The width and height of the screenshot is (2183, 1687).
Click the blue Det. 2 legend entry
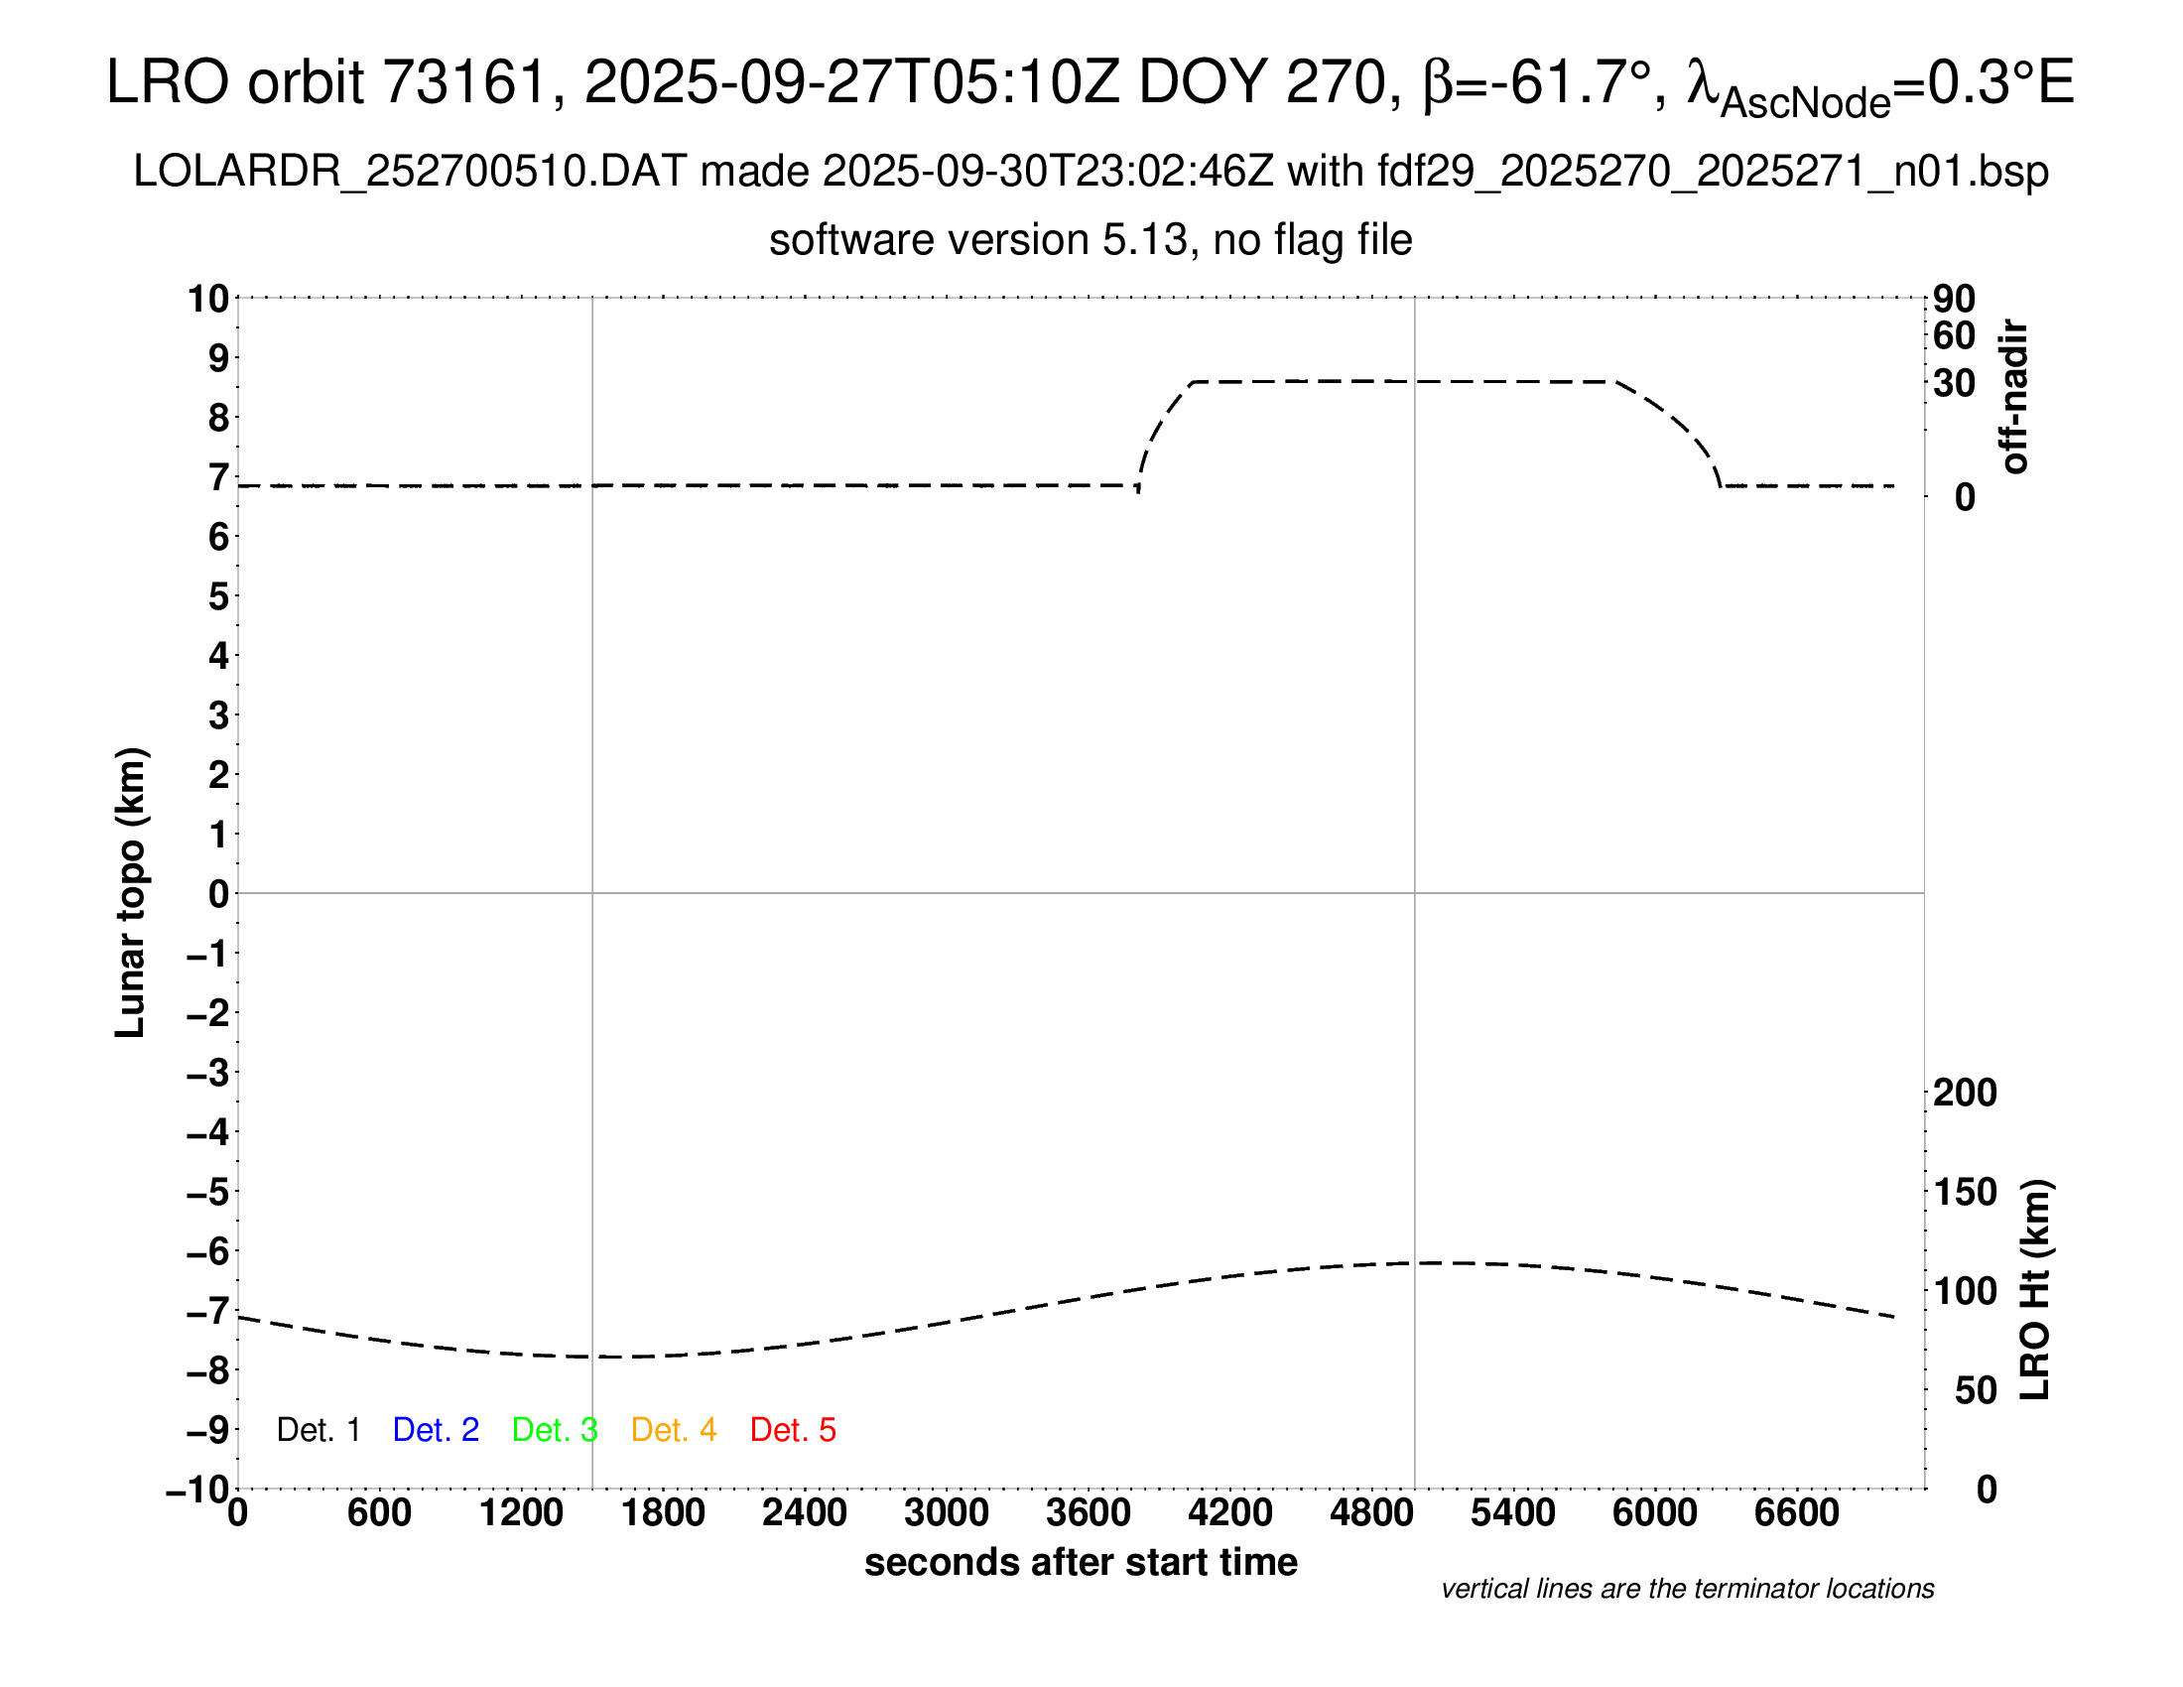(436, 1430)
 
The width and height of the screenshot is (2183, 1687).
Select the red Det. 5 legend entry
(793, 1430)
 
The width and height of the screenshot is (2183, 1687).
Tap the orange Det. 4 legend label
(674, 1430)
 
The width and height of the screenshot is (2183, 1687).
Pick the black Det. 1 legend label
(318, 1430)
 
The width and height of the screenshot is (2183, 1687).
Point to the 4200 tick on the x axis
(1229, 1513)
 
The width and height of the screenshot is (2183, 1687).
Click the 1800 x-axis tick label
(663, 1513)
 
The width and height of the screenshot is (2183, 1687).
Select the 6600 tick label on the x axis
(1796, 1513)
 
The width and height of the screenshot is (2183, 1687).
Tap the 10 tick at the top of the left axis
(208, 299)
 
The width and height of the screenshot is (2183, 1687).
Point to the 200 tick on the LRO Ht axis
(1964, 1093)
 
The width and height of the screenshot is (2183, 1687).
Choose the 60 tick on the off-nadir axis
(1954, 335)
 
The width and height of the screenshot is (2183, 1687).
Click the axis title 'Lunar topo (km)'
(131, 892)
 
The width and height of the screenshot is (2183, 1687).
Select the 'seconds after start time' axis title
(1081, 1562)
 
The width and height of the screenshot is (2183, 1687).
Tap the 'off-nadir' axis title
(2014, 397)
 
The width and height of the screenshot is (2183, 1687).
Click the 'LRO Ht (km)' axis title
(2035, 1290)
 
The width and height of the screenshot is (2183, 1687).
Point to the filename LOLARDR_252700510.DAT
(410, 172)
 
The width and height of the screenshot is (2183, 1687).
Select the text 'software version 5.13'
(978, 241)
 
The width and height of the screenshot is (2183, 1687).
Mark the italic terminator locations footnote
(1687, 1589)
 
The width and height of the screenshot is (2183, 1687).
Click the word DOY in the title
(1205, 82)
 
